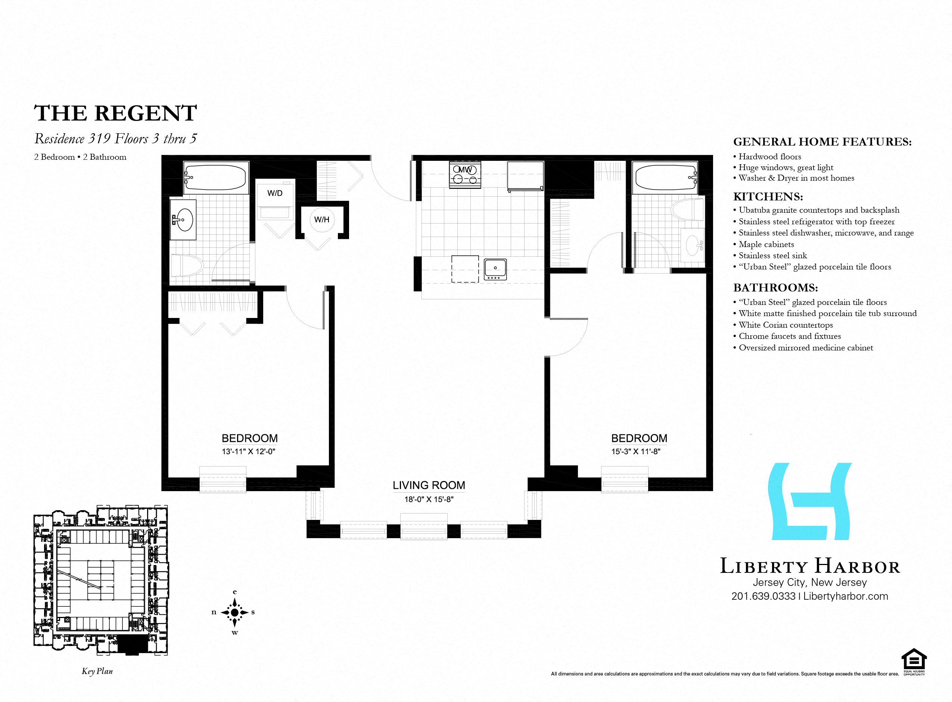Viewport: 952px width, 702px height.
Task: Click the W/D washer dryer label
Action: (x=275, y=193)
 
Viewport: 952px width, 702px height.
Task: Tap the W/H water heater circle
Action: (x=322, y=220)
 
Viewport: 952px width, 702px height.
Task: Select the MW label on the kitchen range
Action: (x=465, y=169)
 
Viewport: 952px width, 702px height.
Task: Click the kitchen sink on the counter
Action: (x=495, y=269)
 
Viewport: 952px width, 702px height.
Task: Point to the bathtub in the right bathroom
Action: (x=666, y=178)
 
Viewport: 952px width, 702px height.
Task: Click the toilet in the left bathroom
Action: (x=187, y=266)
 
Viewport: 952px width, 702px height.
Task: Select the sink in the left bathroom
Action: (x=183, y=220)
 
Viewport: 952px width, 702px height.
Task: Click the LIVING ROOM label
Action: (x=429, y=485)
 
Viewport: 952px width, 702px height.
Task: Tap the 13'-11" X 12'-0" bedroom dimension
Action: (x=249, y=451)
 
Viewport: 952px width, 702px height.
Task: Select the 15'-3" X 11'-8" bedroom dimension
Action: (x=636, y=451)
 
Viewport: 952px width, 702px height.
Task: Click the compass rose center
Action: (x=234, y=612)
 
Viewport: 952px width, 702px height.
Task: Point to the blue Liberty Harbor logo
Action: (x=810, y=502)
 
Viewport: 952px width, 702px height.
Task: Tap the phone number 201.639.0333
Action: (x=763, y=596)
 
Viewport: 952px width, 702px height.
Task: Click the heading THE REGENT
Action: (x=115, y=113)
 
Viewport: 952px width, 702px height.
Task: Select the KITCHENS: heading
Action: (x=768, y=196)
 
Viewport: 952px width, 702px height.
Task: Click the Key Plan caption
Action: (x=97, y=671)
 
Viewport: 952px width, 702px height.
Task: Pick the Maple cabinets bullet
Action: (x=764, y=244)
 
